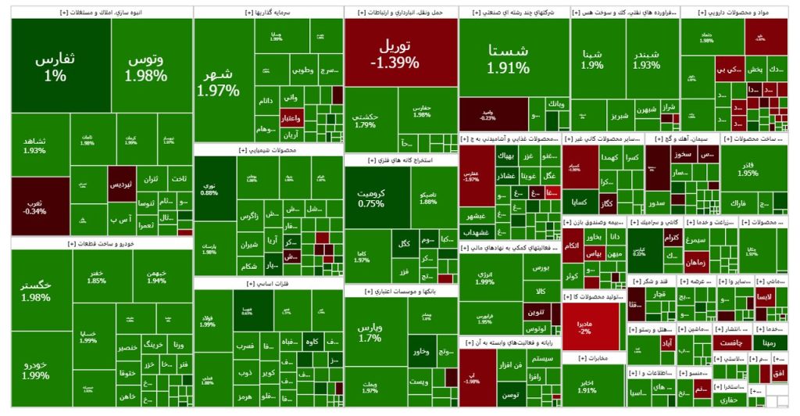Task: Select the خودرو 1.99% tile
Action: tap(36, 370)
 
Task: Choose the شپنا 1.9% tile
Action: tap(592, 59)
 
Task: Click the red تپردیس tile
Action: tap(122, 184)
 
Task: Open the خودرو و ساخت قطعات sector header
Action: tap(102, 244)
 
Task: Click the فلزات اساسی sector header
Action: tap(268, 284)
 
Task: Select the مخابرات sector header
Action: tap(593, 358)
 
